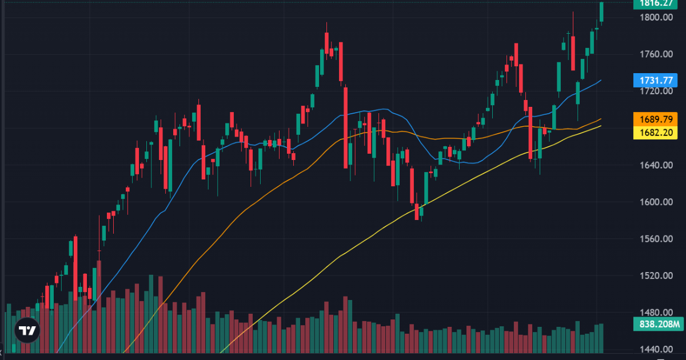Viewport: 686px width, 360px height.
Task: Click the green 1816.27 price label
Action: (656, 3)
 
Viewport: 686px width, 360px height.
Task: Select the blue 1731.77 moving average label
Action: (656, 80)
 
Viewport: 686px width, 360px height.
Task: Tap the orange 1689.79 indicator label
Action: (656, 119)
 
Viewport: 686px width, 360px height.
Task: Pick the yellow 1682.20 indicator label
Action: (656, 133)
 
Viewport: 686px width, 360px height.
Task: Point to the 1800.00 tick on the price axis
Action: (656, 18)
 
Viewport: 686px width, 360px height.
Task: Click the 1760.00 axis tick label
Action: (656, 55)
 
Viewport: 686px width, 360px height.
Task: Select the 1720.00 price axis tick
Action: (656, 91)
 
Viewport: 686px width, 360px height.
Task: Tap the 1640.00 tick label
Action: (656, 165)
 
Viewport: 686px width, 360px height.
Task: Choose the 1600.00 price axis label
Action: (656, 202)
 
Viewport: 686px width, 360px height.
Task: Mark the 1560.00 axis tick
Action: (656, 239)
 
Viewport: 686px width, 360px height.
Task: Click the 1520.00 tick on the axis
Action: (656, 276)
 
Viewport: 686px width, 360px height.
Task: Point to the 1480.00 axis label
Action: (656, 313)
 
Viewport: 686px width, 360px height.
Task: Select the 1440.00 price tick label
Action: (656, 350)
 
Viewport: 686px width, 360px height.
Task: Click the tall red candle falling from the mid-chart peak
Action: (346, 126)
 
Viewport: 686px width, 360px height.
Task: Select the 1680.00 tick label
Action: (656, 129)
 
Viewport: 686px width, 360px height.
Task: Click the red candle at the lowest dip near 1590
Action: (416, 211)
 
